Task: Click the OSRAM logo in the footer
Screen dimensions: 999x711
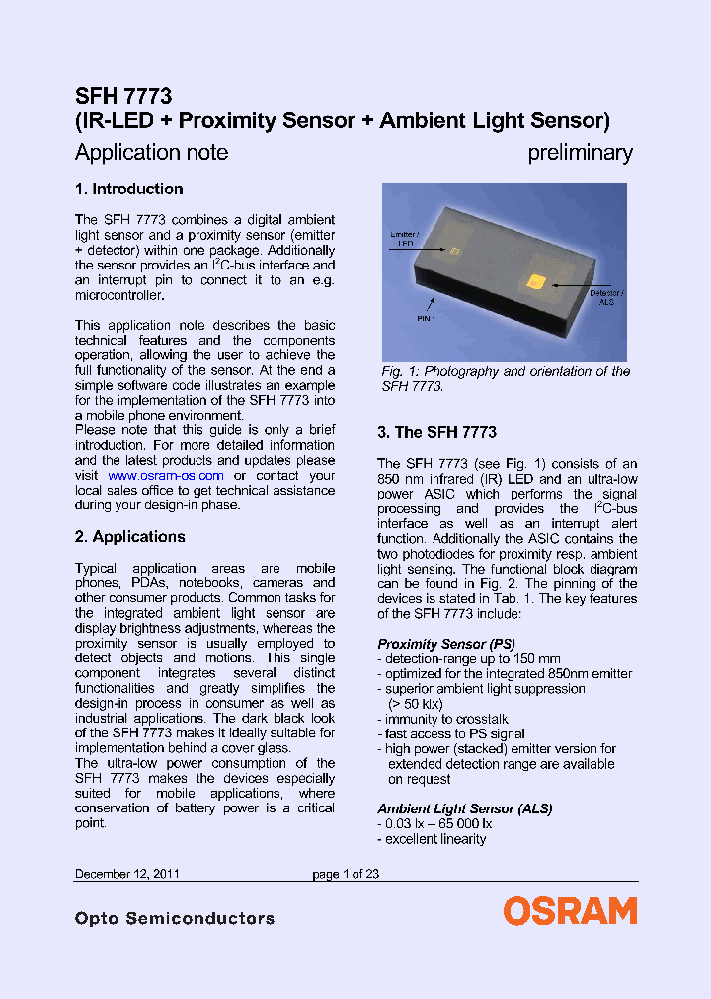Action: pyautogui.click(x=570, y=911)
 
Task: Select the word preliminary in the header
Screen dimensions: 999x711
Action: pyautogui.click(x=580, y=152)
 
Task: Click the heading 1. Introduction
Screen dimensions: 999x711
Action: pyautogui.click(x=129, y=190)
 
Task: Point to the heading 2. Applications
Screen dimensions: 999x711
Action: pyautogui.click(x=130, y=537)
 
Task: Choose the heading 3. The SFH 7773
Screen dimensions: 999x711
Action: pyautogui.click(x=436, y=432)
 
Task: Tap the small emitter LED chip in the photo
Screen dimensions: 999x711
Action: pyautogui.click(x=454, y=252)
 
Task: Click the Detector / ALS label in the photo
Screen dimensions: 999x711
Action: pyautogui.click(x=606, y=299)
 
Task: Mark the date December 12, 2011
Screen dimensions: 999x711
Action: pyautogui.click(x=126, y=874)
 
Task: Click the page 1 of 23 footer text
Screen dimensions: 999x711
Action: pyautogui.click(x=346, y=874)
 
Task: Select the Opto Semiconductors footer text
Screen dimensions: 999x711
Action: pyautogui.click(x=175, y=919)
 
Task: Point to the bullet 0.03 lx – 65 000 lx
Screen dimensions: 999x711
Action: pyautogui.click(x=434, y=824)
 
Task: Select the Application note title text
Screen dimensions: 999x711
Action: pyautogui.click(x=151, y=152)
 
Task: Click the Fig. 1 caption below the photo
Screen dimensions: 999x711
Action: pyautogui.click(x=506, y=379)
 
